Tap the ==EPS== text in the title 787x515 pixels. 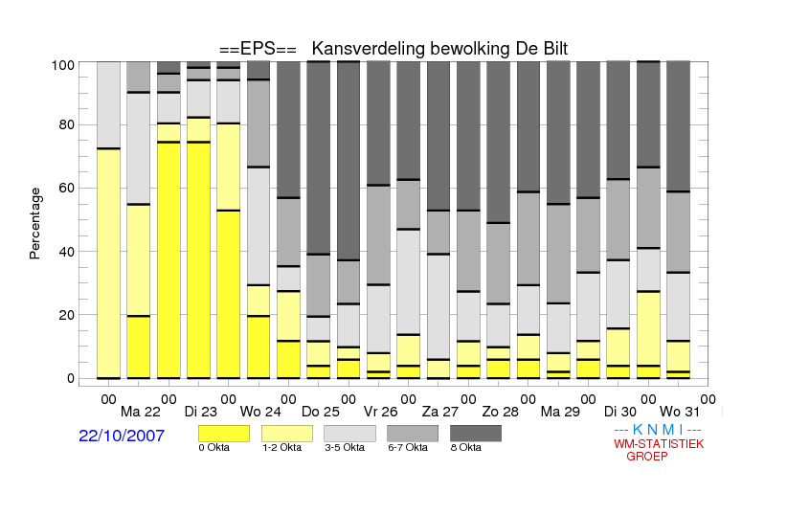pyautogui.click(x=258, y=49)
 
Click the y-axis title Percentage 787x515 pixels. pyautogui.click(x=34, y=223)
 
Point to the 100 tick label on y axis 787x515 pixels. pyautogui.click(x=63, y=65)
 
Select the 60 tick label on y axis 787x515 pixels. pyautogui.click(x=66, y=188)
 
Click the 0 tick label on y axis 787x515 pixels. pyautogui.click(x=71, y=378)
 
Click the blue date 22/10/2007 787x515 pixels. pyautogui.click(x=122, y=436)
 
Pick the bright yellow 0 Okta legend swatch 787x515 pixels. pyautogui.click(x=224, y=434)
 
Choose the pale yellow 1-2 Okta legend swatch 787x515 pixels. pyautogui.click(x=287, y=434)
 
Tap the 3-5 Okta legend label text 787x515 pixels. pyautogui.click(x=345, y=447)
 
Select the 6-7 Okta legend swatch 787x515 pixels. pyautogui.click(x=413, y=434)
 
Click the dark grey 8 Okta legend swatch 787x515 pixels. pyautogui.click(x=476, y=434)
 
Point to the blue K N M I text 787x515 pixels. pyautogui.click(x=658, y=430)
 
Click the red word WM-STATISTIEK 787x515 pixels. pyautogui.click(x=659, y=444)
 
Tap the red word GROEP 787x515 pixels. pyautogui.click(x=647, y=457)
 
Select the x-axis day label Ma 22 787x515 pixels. pyautogui.click(x=141, y=413)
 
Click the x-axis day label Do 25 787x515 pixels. pyautogui.click(x=320, y=413)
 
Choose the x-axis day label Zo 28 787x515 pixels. pyautogui.click(x=500, y=413)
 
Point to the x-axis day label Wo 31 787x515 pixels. pyautogui.click(x=679, y=413)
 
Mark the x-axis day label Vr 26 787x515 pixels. pyautogui.click(x=380, y=413)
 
